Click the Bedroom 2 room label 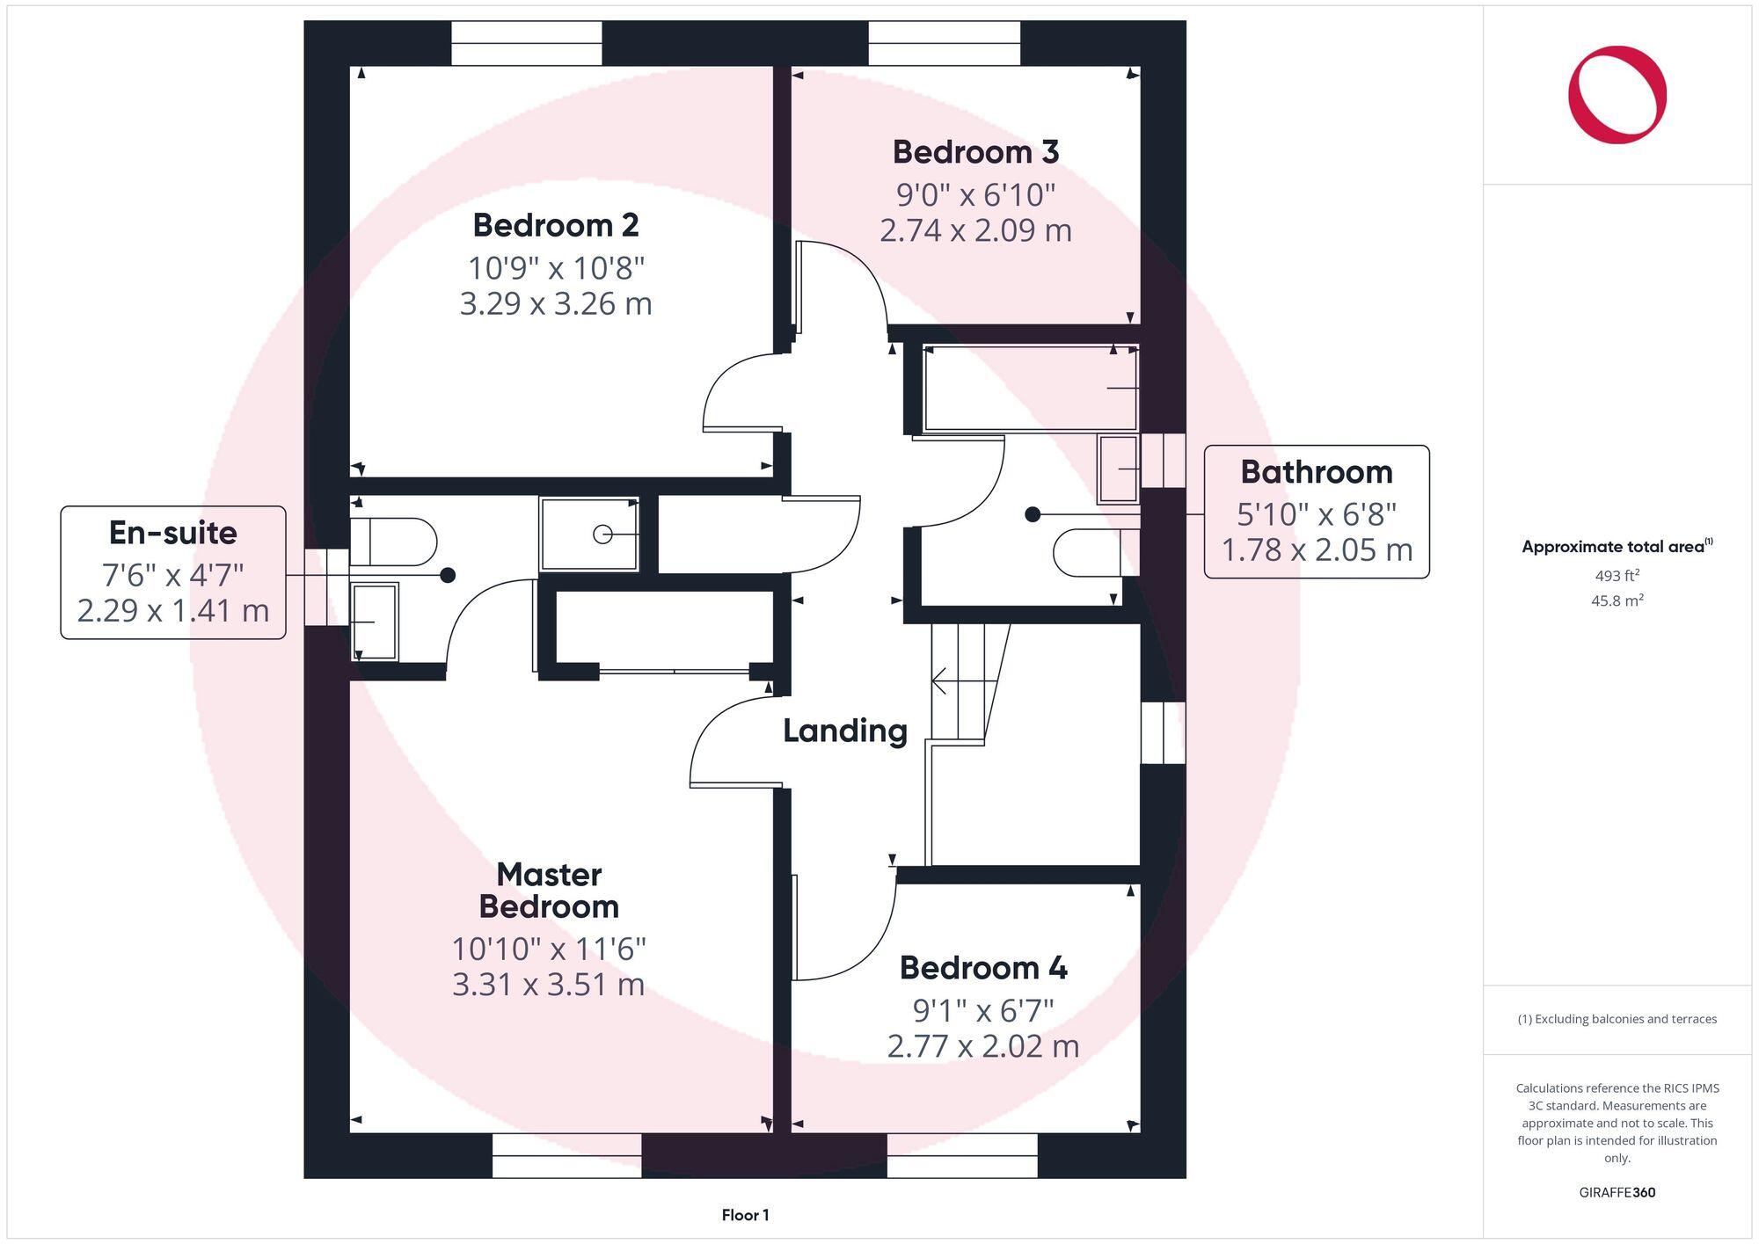click(556, 225)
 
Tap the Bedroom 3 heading click(975, 152)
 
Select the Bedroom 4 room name click(982, 968)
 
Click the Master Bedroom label click(549, 891)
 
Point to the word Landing click(845, 731)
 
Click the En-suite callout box click(173, 571)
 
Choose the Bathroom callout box click(1316, 512)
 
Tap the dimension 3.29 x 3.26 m click(556, 304)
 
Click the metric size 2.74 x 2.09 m click(975, 230)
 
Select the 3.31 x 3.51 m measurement click(549, 985)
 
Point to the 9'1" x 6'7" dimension click(982, 1011)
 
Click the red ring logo click(1617, 95)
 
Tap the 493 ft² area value click(1617, 576)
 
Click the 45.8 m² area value click(1617, 601)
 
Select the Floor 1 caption click(745, 1215)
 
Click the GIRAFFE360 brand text click(1617, 1193)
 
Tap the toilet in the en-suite click(393, 542)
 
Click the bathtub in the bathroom click(1029, 389)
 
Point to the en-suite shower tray click(589, 534)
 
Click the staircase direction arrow click(939, 680)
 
